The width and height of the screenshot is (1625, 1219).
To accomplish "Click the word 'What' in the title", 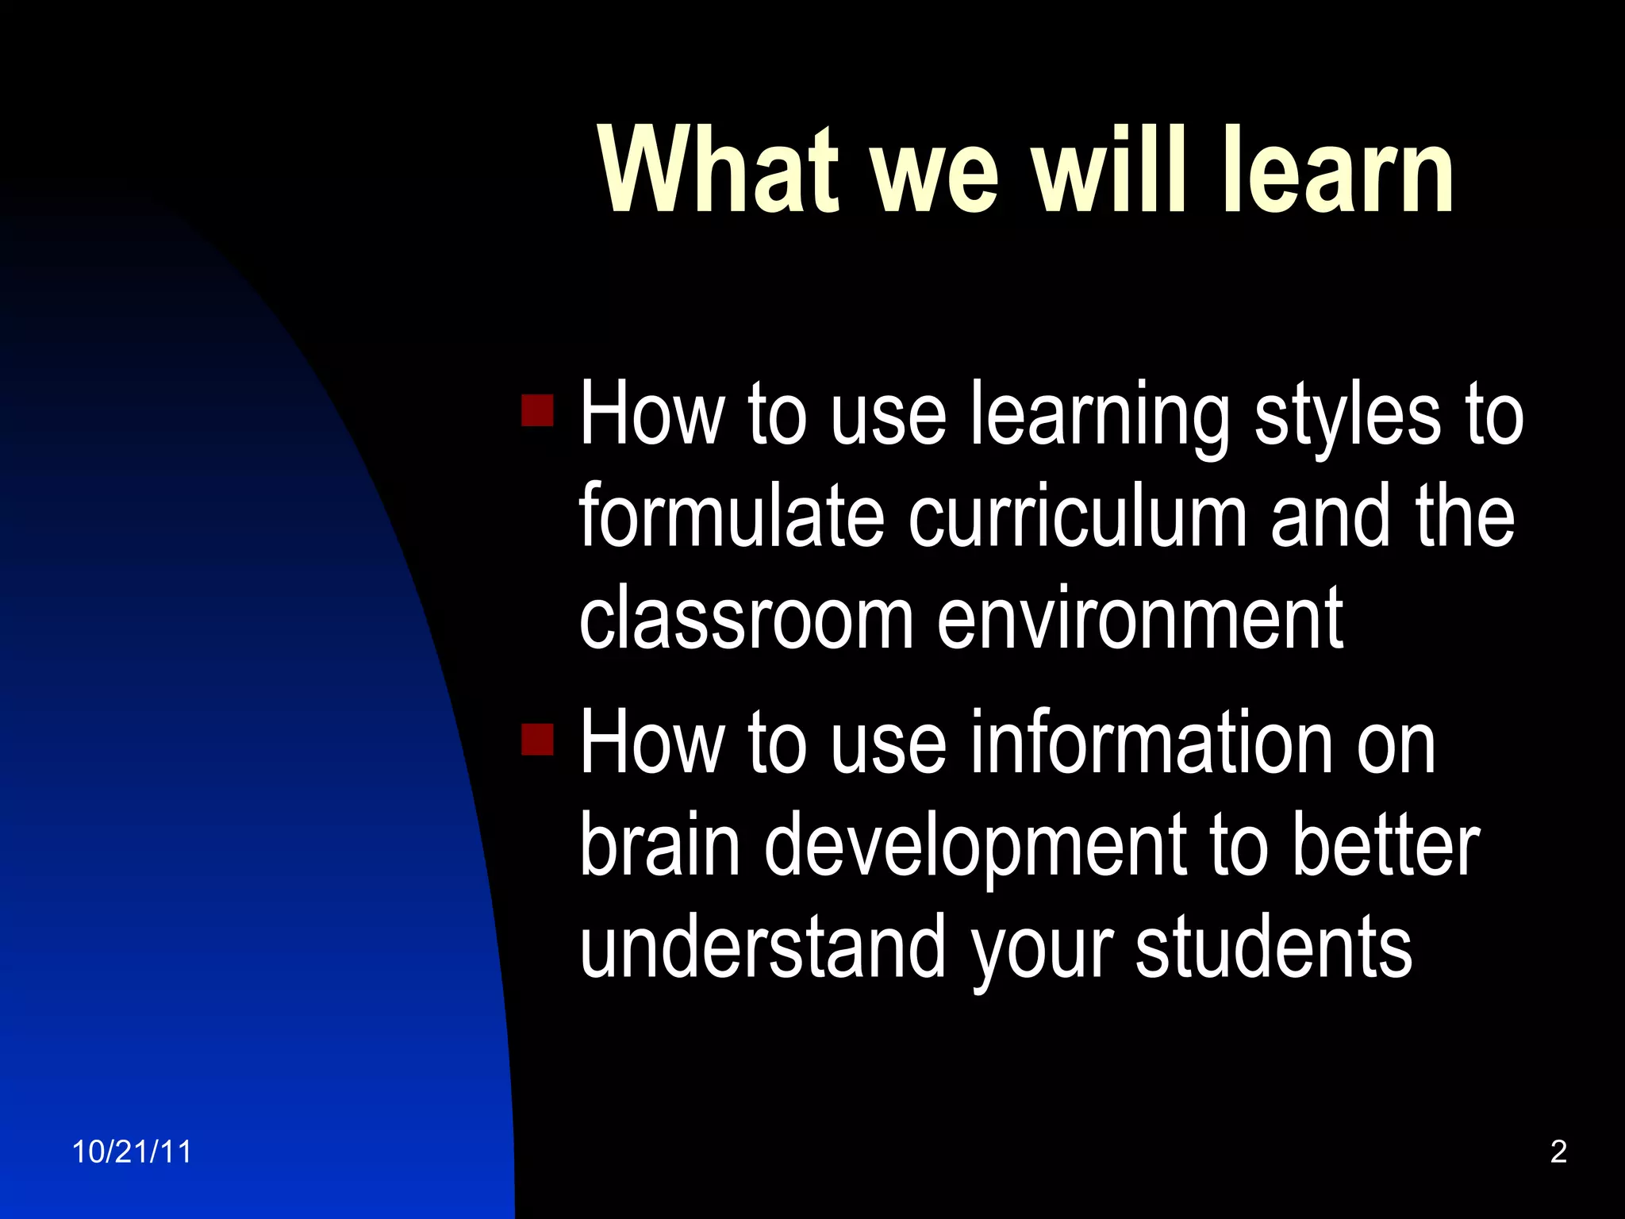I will [719, 171].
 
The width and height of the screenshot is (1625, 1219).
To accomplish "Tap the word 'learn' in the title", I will [1339, 171].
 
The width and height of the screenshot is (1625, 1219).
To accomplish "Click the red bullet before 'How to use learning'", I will [537, 410].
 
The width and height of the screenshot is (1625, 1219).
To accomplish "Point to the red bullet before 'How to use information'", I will [537, 739].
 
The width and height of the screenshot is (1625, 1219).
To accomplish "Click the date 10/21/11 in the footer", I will [132, 1152].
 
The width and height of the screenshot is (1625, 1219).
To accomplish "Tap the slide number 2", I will [1558, 1152].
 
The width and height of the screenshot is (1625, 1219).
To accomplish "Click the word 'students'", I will [1273, 946].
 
